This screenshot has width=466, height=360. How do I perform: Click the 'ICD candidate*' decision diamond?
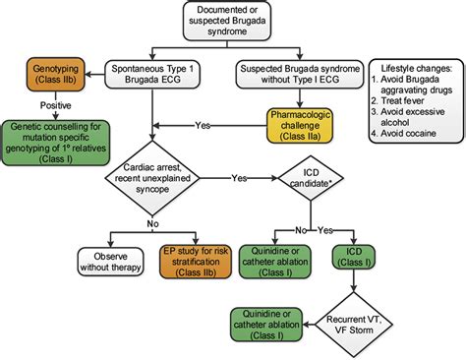click(311, 180)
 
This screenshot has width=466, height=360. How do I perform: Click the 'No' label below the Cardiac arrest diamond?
click(151, 224)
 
